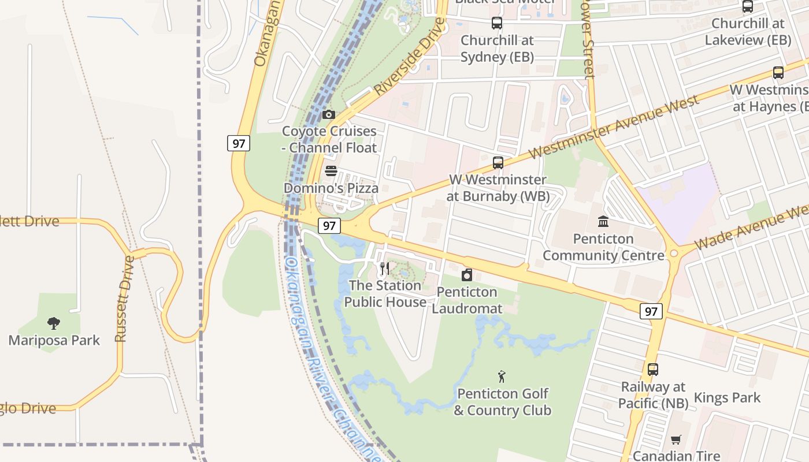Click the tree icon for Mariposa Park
(54, 323)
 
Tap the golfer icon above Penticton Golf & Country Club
(502, 377)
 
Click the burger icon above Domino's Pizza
(331, 171)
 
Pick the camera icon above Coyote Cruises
(329, 114)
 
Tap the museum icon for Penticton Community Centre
(603, 221)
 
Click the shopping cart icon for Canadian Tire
(676, 439)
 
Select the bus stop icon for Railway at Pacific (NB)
(653, 370)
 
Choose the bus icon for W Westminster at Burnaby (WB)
(498, 163)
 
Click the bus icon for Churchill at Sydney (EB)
(497, 24)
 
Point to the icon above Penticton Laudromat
(467, 275)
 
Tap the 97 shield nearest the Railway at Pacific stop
(651, 311)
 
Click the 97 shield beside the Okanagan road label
(238, 143)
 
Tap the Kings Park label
(727, 397)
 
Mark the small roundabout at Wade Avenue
(674, 254)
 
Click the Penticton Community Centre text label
(603, 247)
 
